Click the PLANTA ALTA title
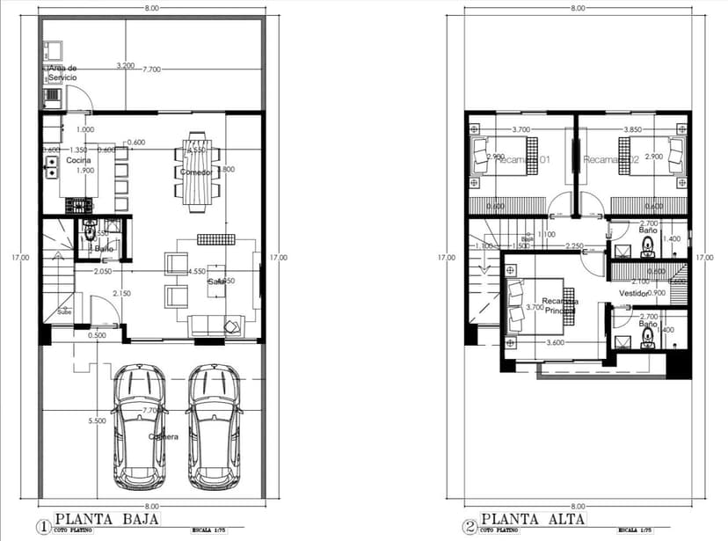pyautogui.click(x=532, y=518)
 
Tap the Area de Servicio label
pyautogui.click(x=62, y=73)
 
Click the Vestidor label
pyautogui.click(x=633, y=293)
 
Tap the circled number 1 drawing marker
pyautogui.click(x=43, y=528)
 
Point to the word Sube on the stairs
pyautogui.click(x=64, y=311)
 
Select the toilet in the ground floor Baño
pyautogui.click(x=90, y=240)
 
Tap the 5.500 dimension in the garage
pyautogui.click(x=98, y=422)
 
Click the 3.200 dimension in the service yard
pyautogui.click(x=126, y=66)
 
